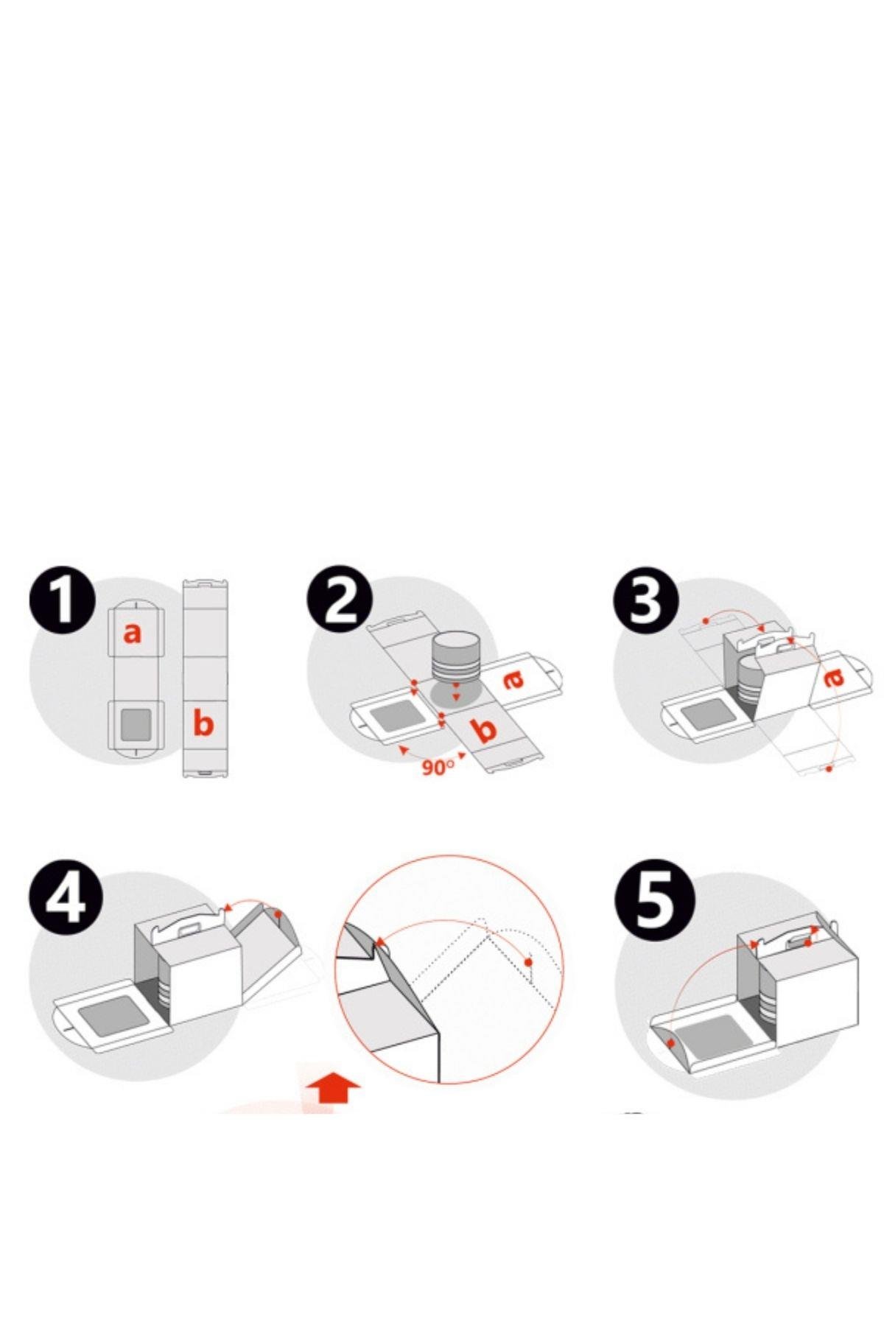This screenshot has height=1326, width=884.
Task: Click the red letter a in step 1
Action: click(x=132, y=631)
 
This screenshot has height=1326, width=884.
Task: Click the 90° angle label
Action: click(x=438, y=767)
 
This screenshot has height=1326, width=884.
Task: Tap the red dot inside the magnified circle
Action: click(x=528, y=962)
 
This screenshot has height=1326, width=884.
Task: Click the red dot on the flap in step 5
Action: click(x=670, y=1043)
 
